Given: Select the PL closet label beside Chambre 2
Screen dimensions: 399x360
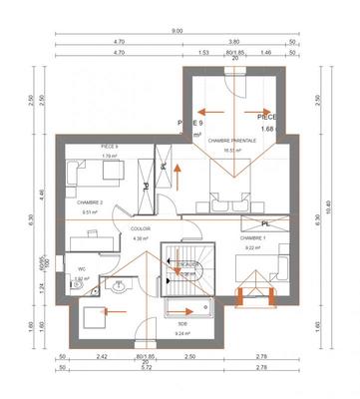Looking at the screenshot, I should (146, 187).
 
